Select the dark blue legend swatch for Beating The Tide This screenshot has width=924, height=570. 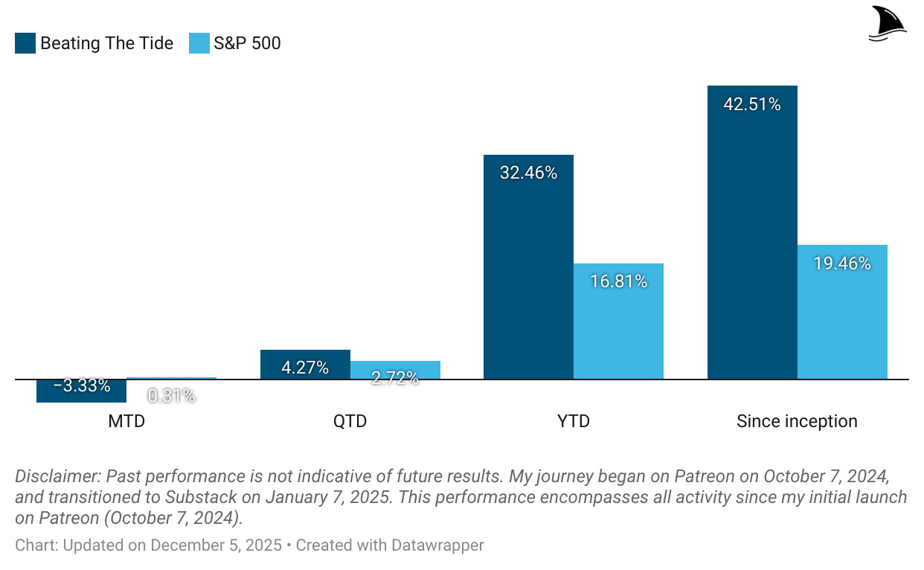25,43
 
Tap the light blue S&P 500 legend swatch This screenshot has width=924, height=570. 199,43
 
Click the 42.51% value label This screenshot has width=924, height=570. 752,104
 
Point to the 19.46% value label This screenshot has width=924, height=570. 842,263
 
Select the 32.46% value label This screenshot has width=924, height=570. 528,173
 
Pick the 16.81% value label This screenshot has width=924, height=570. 618,282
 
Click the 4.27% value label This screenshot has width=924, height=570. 305,368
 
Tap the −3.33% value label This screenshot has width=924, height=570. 82,386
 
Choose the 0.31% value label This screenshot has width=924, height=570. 171,396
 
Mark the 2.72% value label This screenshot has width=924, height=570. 395,378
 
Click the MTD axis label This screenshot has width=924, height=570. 126,422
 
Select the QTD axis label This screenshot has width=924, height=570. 350,422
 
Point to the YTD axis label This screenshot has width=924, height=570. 574,422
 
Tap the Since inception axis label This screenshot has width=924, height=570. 797,422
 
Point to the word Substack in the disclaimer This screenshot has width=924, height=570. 201,497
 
